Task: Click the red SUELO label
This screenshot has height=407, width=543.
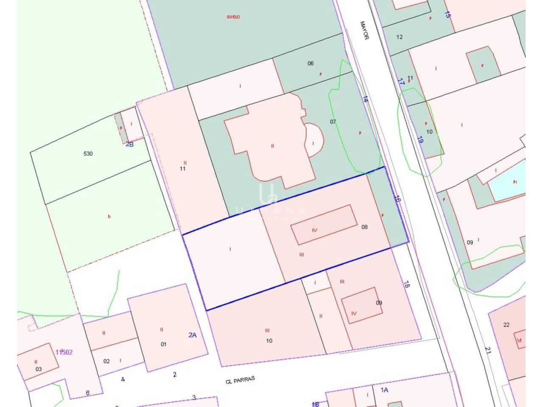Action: point(233,17)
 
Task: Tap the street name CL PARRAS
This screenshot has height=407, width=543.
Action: point(241,380)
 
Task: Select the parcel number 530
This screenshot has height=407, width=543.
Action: point(88,153)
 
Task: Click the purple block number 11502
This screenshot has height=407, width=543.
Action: point(64,352)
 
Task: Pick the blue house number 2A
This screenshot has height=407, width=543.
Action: point(192,335)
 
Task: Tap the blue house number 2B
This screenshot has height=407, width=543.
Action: point(129,144)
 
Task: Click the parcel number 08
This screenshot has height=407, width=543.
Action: point(364,227)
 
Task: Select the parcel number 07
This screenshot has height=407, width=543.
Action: point(333,122)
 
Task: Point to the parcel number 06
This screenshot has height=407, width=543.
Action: point(311,64)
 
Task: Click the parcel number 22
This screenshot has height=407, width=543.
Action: point(506,325)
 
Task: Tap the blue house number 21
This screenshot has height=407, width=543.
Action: point(488,351)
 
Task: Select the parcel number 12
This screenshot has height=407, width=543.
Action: point(399,37)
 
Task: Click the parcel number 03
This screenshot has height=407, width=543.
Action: point(39,369)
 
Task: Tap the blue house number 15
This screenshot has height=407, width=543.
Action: point(447,14)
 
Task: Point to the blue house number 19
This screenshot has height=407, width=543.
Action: point(420,140)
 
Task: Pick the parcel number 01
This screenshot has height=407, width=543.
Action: point(163,344)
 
